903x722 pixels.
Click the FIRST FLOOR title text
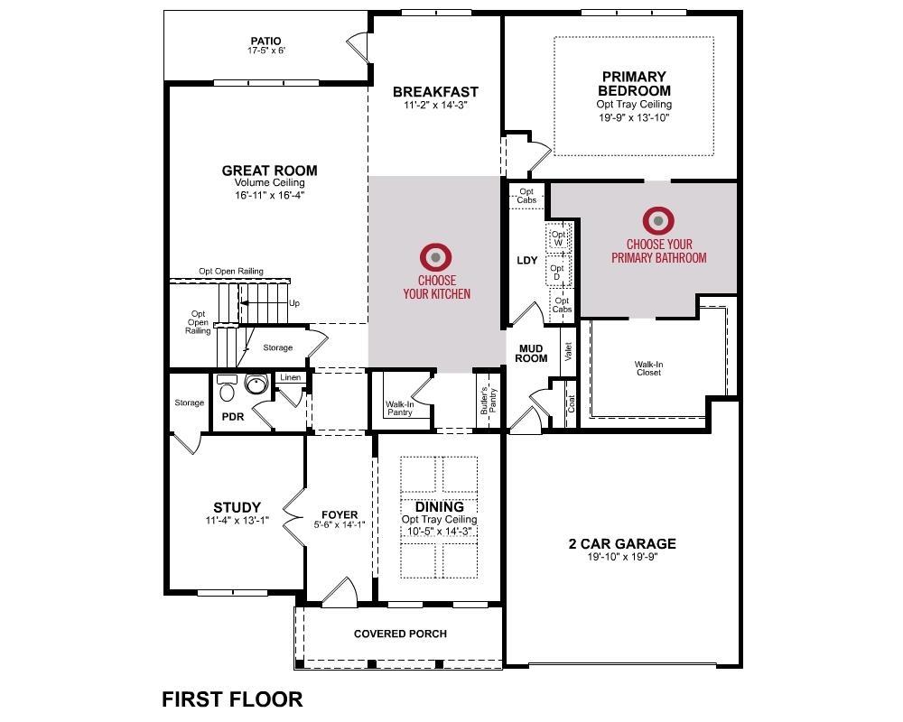pos(232,699)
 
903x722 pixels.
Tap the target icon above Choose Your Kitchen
pos(436,257)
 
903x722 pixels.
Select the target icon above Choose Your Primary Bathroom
pos(658,220)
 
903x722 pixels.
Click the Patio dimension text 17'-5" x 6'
pos(265,51)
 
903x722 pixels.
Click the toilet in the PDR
pos(227,389)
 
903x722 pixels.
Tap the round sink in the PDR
pos(257,386)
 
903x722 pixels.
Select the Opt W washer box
pos(558,238)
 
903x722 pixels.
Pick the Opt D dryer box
pos(557,272)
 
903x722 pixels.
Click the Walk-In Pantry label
pos(399,409)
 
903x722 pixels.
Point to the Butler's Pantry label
pos(488,400)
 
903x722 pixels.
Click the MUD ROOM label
pos(531,353)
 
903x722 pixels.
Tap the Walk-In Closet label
pos(648,368)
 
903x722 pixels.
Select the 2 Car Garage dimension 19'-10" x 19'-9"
pos(621,557)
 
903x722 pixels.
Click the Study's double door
pos(293,515)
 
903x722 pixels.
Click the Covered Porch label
pos(400,634)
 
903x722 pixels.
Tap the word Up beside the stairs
pos(294,303)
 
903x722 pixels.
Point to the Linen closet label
pos(290,377)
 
